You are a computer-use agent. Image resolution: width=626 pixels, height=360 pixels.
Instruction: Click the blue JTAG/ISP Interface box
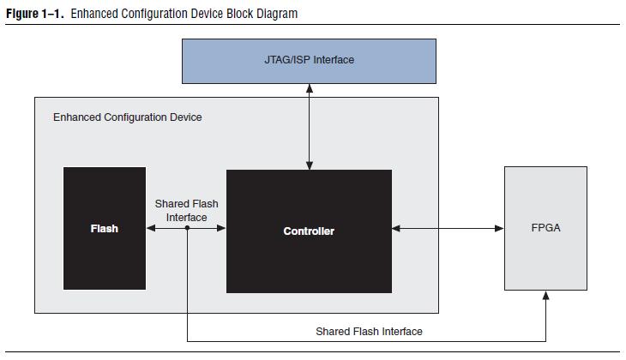pos(309,61)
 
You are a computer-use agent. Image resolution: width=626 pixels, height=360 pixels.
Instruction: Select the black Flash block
pos(105,228)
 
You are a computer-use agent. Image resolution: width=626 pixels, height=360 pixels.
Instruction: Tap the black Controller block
pos(309,231)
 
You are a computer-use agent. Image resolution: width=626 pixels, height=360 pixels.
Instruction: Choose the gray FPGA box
pos(545,228)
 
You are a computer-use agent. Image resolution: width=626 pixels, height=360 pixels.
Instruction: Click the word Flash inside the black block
pos(105,229)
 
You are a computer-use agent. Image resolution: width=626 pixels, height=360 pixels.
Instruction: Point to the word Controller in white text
pos(309,231)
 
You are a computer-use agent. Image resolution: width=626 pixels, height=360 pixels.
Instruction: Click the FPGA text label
pos(545,227)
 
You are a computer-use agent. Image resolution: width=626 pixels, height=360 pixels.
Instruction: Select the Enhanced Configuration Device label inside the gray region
pos(128,117)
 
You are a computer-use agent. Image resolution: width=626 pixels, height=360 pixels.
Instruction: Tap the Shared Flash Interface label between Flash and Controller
pos(186,210)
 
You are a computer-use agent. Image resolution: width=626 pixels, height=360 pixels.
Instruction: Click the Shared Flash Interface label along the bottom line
pos(369,331)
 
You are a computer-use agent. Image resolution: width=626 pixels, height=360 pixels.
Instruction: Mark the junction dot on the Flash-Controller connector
pos(187,228)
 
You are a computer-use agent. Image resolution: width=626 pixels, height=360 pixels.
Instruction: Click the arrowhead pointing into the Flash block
pos(151,228)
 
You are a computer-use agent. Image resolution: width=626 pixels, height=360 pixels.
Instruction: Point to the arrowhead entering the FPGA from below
pos(545,296)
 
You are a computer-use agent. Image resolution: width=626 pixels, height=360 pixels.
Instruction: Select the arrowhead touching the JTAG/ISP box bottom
pos(309,88)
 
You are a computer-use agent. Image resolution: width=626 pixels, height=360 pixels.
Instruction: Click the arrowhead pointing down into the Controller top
pos(309,165)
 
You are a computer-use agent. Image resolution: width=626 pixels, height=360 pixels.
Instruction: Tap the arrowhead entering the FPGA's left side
pos(499,228)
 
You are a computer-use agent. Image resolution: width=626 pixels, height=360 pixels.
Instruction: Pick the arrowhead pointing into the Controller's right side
pos(396,228)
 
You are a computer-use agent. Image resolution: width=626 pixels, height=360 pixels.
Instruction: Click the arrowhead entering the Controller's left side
pos(221,228)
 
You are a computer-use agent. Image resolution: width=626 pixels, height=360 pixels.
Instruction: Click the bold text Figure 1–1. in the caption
pos(35,14)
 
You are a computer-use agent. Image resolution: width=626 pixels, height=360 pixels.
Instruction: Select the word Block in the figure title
pos(239,14)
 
